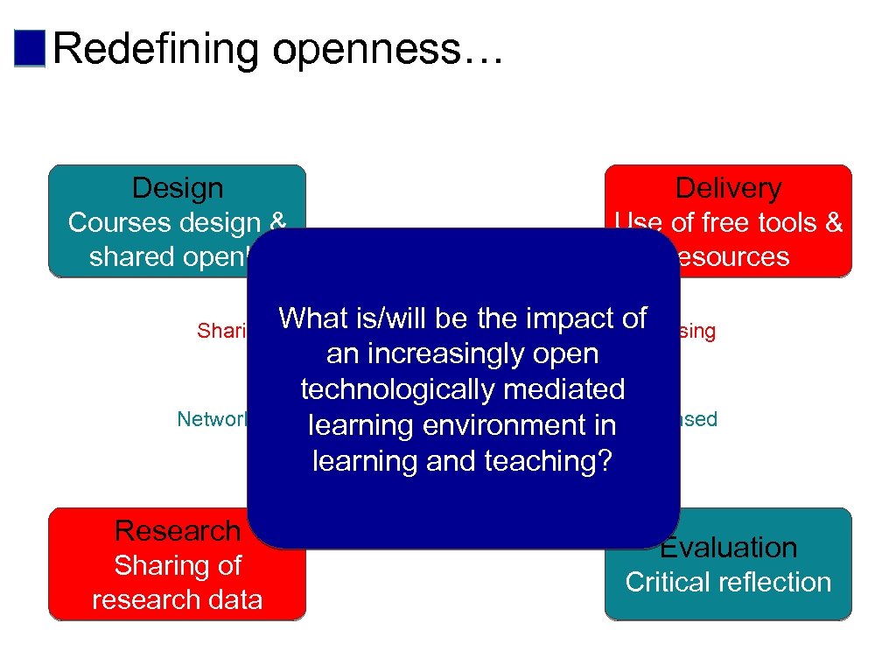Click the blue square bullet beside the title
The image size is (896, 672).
coord(30,48)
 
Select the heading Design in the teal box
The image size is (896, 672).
coord(177,188)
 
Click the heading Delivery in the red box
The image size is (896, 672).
coord(728,188)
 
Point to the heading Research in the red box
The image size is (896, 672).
coord(178,531)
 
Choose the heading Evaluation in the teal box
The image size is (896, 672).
coord(728,548)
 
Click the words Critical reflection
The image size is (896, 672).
coord(728,582)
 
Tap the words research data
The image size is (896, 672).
coord(177,599)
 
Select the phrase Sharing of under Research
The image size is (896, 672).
coord(178,566)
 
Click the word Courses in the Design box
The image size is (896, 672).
coord(116,223)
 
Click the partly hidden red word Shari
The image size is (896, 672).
coord(221,331)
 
